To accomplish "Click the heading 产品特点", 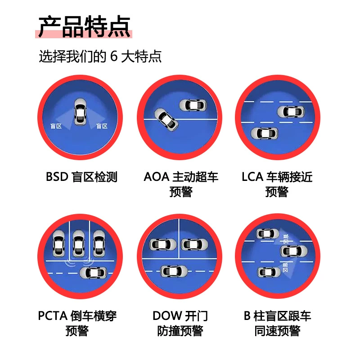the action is click(85, 27).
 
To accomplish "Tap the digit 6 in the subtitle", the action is click(114, 56).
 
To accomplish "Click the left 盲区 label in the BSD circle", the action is click(56, 126).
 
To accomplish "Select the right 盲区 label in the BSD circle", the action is click(102, 126).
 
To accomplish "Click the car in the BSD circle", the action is click(81, 112).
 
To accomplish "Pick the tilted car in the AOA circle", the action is click(166, 120).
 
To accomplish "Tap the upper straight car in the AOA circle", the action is click(193, 105).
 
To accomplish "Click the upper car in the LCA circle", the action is click(291, 112).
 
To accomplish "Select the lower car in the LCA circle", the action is click(264, 133).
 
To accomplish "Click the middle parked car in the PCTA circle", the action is click(79, 244).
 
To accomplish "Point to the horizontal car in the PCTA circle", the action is click(93, 273).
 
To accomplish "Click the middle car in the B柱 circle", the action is click(294, 251).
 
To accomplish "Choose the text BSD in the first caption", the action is click(57, 177).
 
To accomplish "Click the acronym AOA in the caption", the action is click(156, 177).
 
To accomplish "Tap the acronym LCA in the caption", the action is click(252, 177).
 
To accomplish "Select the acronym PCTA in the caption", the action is click(53, 316).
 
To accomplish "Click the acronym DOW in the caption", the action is click(167, 316).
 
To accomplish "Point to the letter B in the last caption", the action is click(247, 316).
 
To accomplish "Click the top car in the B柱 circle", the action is click(267, 234).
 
